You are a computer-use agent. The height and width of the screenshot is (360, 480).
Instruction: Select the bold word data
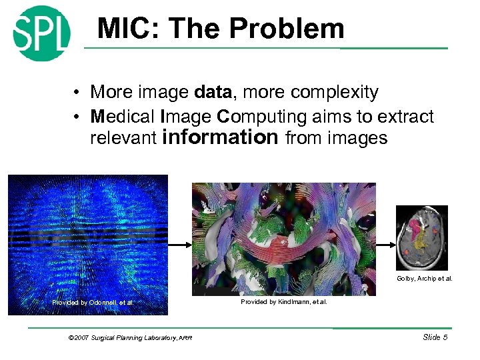pos(215,92)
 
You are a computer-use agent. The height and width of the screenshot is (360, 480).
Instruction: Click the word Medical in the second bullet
pos(123,117)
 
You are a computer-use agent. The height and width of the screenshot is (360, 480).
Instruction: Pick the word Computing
pos(263,117)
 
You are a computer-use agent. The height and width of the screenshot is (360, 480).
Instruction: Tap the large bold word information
pos(221,137)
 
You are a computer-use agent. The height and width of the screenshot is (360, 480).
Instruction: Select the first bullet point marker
pos(78,93)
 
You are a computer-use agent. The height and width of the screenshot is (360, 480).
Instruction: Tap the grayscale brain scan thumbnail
pos(421,237)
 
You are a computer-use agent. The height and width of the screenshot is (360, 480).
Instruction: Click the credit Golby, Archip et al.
pos(424,279)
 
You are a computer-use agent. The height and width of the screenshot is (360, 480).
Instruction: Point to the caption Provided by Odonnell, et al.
pos(93,303)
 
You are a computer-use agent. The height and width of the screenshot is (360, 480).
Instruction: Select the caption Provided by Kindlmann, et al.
pos(283,302)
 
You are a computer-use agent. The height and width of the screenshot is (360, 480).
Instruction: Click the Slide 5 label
pos(435,337)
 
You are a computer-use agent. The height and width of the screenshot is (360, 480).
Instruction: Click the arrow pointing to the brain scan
pos(386,244)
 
